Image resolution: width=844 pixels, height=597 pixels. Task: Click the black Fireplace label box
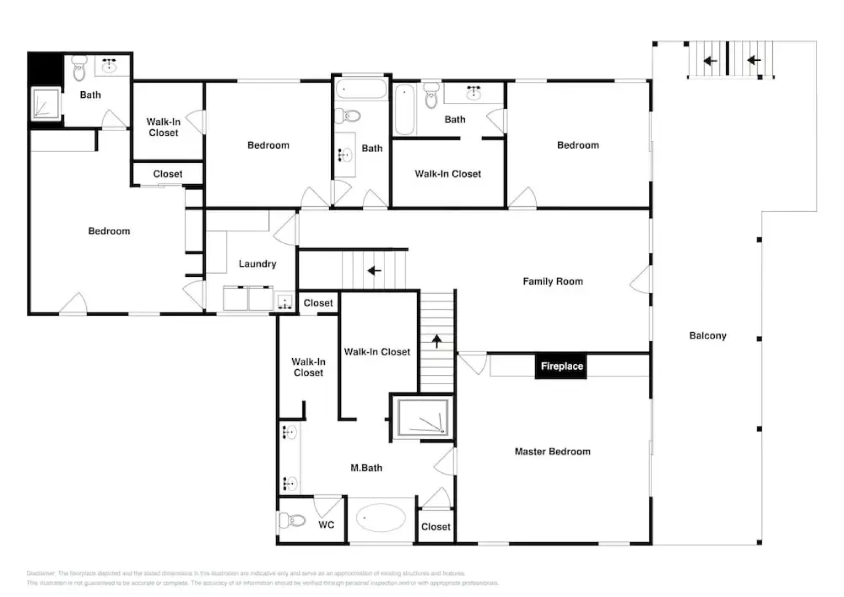pyautogui.click(x=561, y=366)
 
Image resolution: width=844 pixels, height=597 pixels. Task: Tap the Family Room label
pyautogui.click(x=552, y=281)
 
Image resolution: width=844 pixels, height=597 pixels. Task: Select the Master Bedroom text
pyautogui.click(x=552, y=452)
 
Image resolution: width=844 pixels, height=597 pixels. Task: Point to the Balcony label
pyautogui.click(x=707, y=336)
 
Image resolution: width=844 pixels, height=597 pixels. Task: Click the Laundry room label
pyautogui.click(x=257, y=264)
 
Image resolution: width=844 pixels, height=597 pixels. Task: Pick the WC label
pyautogui.click(x=326, y=525)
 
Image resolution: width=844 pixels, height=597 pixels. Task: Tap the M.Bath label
pyautogui.click(x=366, y=468)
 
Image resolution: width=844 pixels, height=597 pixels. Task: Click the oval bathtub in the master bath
pyautogui.click(x=381, y=518)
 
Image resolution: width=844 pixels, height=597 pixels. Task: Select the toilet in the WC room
pyautogui.click(x=293, y=520)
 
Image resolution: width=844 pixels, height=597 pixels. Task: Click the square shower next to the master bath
pyautogui.click(x=423, y=417)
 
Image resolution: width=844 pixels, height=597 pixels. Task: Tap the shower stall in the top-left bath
pyautogui.click(x=45, y=103)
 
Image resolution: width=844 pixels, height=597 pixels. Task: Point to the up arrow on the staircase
pyautogui.click(x=436, y=341)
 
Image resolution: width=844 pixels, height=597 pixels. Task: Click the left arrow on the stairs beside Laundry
pyautogui.click(x=374, y=271)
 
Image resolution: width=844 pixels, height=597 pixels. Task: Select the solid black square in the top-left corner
pyautogui.click(x=44, y=68)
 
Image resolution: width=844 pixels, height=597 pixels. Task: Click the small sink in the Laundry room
pyautogui.click(x=284, y=302)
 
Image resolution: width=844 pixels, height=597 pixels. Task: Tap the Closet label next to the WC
pyautogui.click(x=435, y=527)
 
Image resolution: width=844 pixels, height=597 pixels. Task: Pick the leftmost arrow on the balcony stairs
pyautogui.click(x=710, y=61)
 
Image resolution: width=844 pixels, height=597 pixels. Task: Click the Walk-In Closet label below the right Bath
pyautogui.click(x=447, y=174)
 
